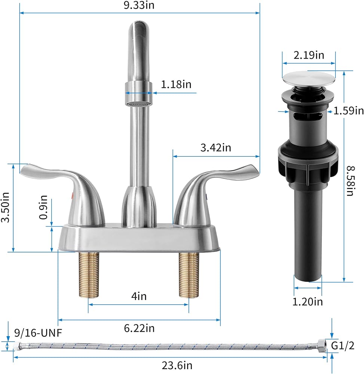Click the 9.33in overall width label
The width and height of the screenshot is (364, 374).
[x=139, y=5]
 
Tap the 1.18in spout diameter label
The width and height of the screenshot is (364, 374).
[x=176, y=85]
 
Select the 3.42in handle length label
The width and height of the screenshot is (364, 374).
[x=215, y=148]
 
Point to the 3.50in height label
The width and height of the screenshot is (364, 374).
[x=5, y=207]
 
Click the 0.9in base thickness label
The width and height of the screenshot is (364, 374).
[x=43, y=207]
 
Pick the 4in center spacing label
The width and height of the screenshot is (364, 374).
[x=139, y=296]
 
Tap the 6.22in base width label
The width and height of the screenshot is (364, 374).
[x=139, y=328]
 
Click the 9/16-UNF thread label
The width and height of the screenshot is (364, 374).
[x=38, y=333]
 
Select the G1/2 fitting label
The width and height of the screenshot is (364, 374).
[x=343, y=345]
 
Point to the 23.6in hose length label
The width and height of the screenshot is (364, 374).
[x=177, y=365]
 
